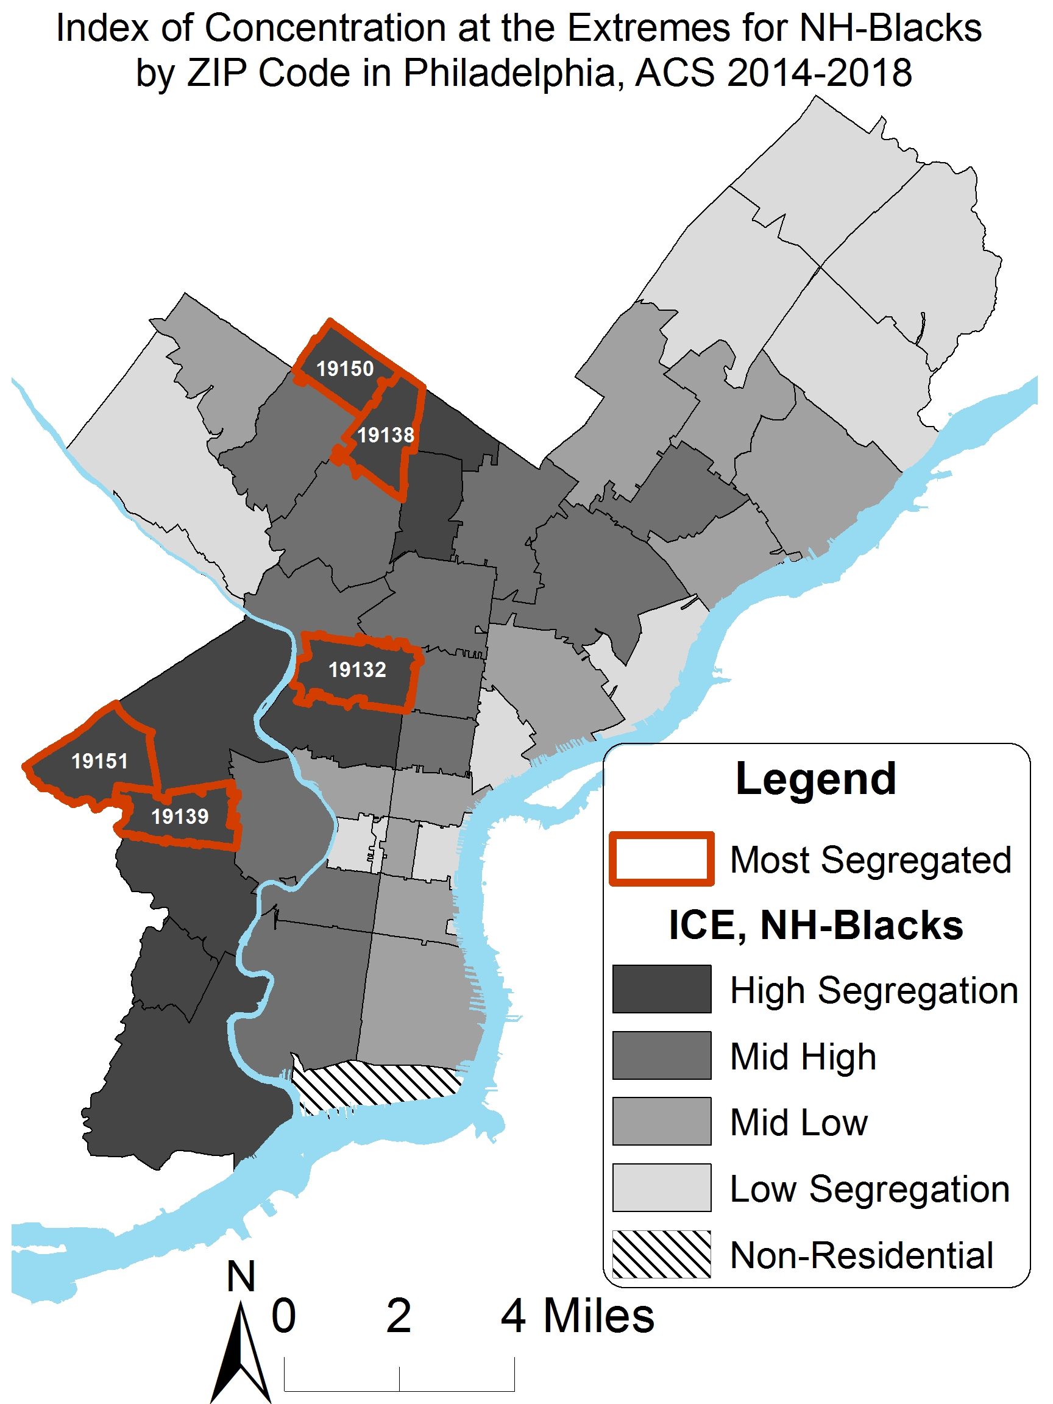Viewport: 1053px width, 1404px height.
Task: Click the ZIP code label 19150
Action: [345, 369]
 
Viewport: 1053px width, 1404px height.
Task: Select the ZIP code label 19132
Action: [356, 670]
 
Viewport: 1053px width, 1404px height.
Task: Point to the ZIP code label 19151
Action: [100, 761]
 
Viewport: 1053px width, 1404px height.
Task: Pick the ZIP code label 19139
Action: [180, 816]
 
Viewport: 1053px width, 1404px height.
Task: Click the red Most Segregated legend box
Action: [661, 859]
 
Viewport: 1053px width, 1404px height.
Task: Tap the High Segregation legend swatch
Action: [661, 990]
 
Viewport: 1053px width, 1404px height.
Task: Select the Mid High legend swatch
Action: [661, 1055]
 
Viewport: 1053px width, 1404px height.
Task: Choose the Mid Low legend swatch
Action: [661, 1121]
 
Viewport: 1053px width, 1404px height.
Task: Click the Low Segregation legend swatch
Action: [661, 1188]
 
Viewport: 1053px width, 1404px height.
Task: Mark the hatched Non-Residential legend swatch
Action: [661, 1254]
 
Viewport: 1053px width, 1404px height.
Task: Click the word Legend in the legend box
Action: [815, 778]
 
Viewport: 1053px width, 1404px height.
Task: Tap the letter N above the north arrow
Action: [241, 1277]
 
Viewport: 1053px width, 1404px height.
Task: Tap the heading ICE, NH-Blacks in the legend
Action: [815, 925]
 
